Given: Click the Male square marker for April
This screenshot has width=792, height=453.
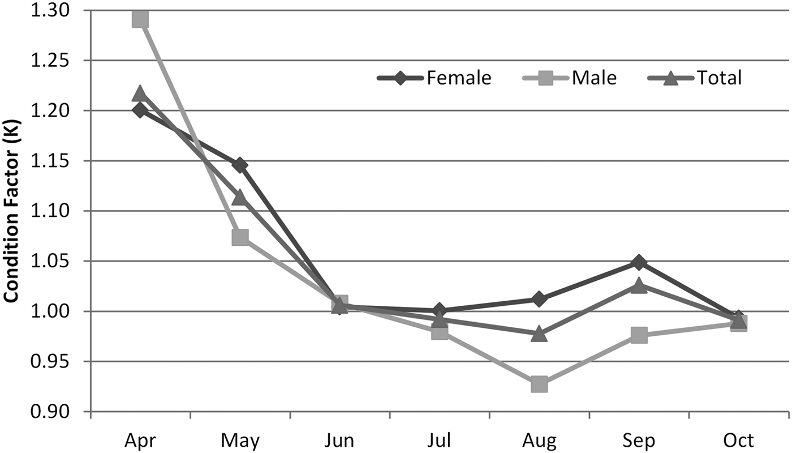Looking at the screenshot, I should pyautogui.click(x=140, y=19).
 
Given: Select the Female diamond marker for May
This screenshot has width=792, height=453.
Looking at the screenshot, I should pyautogui.click(x=240, y=165).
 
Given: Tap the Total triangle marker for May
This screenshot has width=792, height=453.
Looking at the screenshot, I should pyautogui.click(x=240, y=198).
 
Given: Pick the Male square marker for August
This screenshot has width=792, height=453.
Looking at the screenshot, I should pyautogui.click(x=539, y=384).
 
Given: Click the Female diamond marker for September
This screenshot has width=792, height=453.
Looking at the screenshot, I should pyautogui.click(x=639, y=263).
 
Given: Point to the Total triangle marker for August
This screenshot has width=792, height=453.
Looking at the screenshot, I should pyautogui.click(x=539, y=334).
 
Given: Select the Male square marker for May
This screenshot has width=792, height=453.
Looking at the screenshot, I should pyautogui.click(x=240, y=237).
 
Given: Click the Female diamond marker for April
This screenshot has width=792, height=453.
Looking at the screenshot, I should pyautogui.click(x=140, y=110).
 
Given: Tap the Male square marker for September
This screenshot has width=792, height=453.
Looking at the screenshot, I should pyautogui.click(x=639, y=335).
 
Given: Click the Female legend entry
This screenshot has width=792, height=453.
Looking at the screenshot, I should pyautogui.click(x=434, y=78).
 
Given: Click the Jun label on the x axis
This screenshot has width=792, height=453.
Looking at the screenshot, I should pyautogui.click(x=340, y=440).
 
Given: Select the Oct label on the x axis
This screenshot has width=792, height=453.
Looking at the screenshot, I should pyautogui.click(x=739, y=440).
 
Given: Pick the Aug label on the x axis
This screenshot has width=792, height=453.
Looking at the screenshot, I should pyautogui.click(x=539, y=440).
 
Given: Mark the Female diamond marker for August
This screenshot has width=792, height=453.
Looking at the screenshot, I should pyautogui.click(x=539, y=299).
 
